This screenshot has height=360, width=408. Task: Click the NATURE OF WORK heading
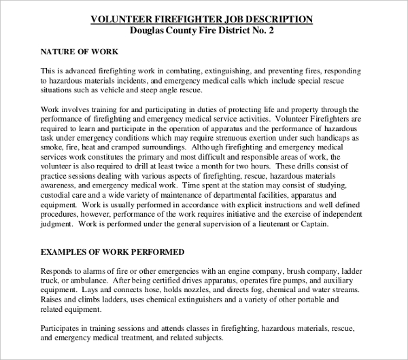tap(80, 52)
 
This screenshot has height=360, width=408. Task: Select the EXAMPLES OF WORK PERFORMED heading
tap(112, 251)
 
